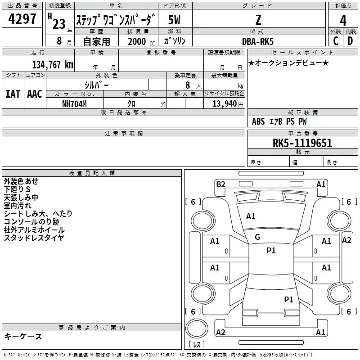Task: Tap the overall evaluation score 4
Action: [x=343, y=21]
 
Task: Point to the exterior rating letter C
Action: [x=335, y=40]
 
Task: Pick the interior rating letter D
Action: [x=350, y=40]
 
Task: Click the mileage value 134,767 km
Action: [x=53, y=65]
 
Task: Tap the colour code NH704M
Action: [x=74, y=103]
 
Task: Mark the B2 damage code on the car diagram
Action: [x=220, y=184]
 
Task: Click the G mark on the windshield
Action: [x=257, y=237]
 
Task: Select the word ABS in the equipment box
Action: [x=258, y=121]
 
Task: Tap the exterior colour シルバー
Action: [x=96, y=85]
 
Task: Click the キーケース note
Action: [x=23, y=336]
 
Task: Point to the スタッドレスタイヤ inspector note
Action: [x=34, y=238]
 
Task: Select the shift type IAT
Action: [x=13, y=94]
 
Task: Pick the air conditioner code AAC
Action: [x=34, y=94]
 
